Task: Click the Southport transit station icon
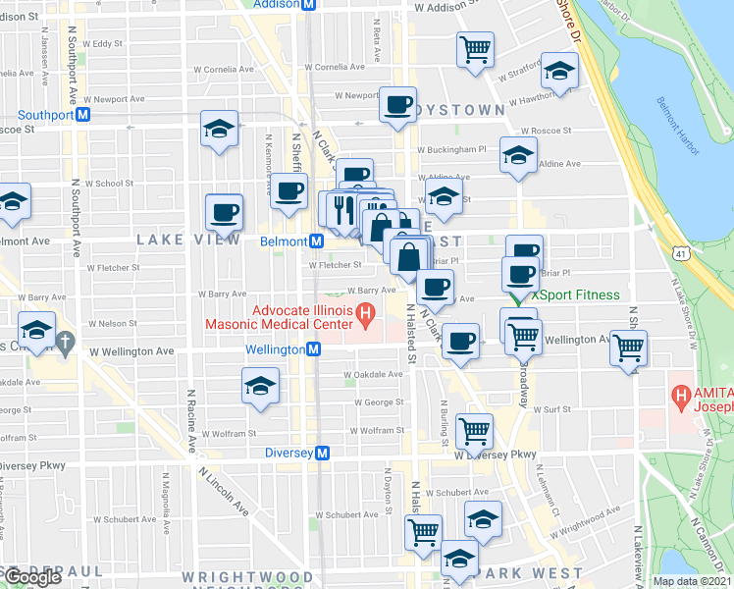click(x=83, y=114)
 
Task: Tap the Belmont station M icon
click(x=317, y=241)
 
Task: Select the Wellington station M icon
click(x=313, y=349)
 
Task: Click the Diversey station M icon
click(x=323, y=453)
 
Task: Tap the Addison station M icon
click(x=308, y=4)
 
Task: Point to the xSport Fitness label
click(x=576, y=294)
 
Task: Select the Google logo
click(x=32, y=577)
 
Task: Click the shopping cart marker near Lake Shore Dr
click(x=628, y=347)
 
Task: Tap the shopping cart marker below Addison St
click(x=475, y=48)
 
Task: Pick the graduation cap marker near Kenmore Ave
click(x=219, y=129)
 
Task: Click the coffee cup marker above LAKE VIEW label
click(x=224, y=212)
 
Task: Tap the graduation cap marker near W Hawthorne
click(x=559, y=71)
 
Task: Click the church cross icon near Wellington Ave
click(x=66, y=344)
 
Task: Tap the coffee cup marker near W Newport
click(x=397, y=105)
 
